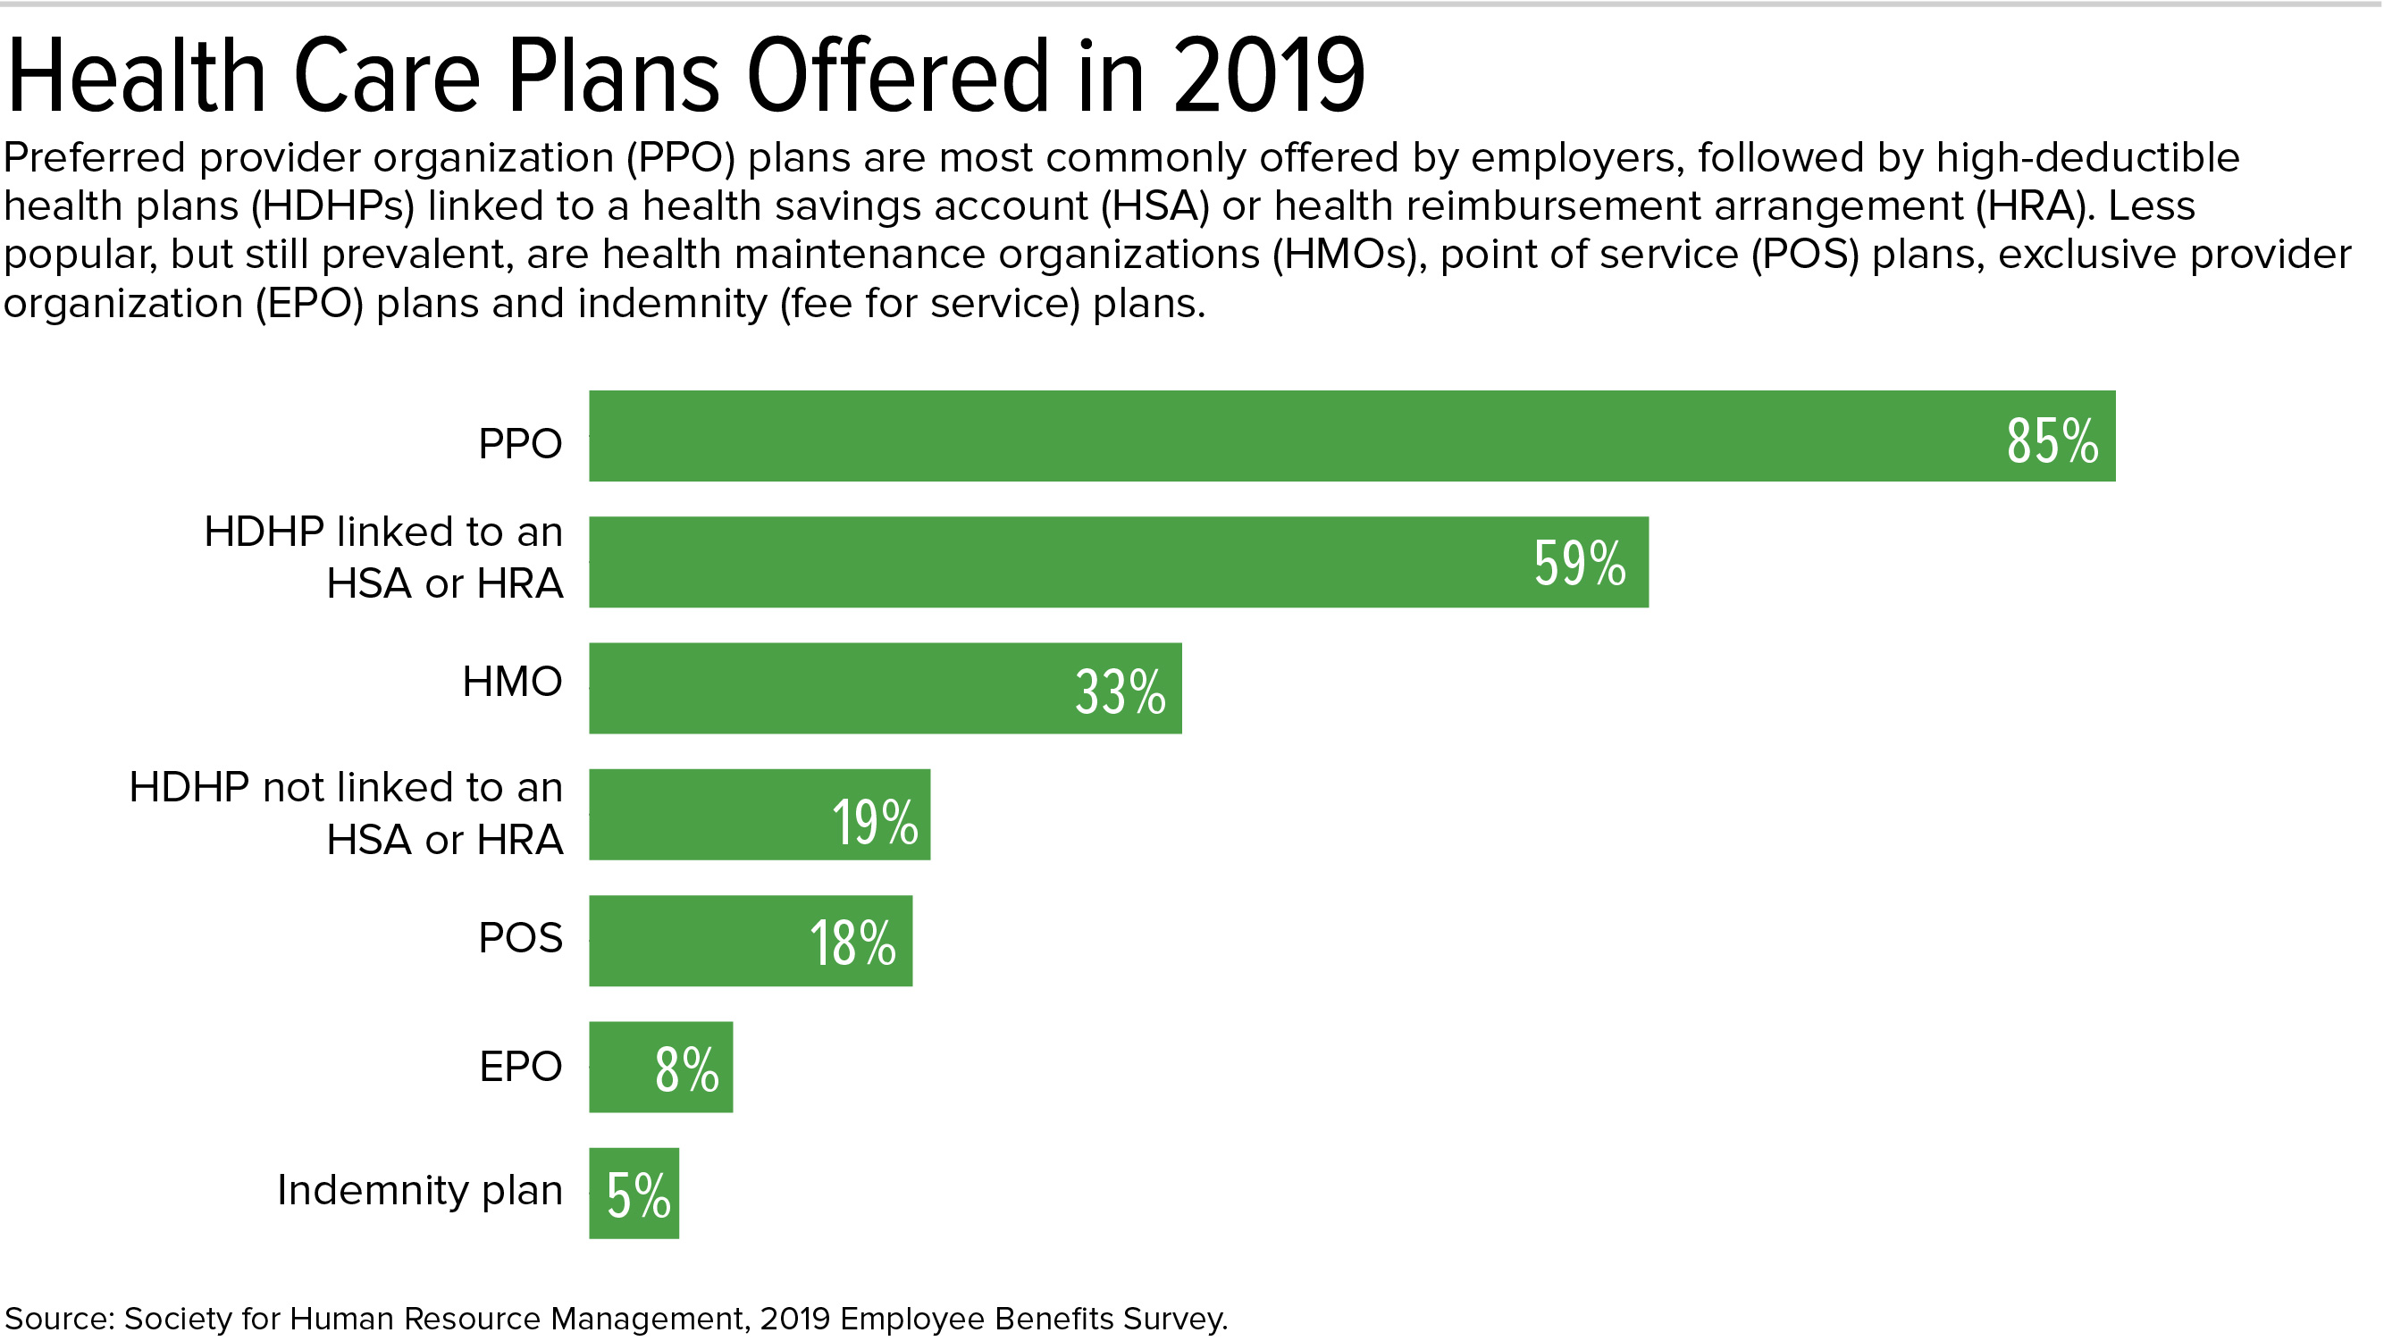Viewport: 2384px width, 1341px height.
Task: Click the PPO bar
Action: point(1296,436)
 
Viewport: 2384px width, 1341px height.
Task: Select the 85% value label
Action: point(2052,440)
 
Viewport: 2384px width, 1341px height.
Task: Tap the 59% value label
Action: point(1579,563)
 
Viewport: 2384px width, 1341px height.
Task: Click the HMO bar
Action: point(833,689)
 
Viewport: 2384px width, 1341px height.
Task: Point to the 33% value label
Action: point(1120,691)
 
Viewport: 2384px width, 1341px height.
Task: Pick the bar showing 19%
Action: point(722,815)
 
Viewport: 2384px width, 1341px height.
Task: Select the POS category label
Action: point(520,938)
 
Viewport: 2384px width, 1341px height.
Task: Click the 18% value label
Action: point(852,943)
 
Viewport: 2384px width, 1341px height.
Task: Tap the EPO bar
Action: point(620,1067)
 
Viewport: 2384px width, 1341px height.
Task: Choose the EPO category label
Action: point(520,1066)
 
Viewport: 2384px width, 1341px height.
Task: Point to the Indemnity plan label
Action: point(419,1190)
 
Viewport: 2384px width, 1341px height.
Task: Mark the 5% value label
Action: point(639,1194)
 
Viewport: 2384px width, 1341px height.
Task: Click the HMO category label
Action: point(512,682)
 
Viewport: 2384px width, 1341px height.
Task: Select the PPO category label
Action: point(520,444)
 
